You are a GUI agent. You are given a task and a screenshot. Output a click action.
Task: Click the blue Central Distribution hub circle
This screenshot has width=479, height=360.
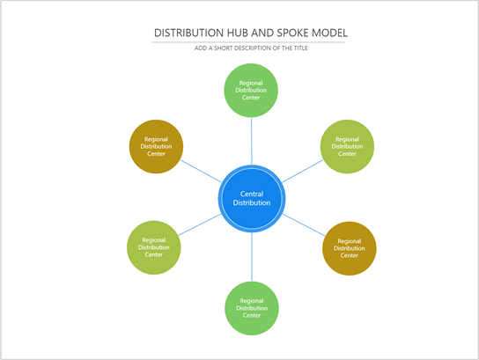click(x=252, y=199)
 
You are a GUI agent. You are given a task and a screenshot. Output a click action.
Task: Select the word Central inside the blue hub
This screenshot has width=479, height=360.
click(x=252, y=194)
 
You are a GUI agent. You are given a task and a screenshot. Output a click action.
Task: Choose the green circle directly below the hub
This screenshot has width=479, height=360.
click(x=252, y=308)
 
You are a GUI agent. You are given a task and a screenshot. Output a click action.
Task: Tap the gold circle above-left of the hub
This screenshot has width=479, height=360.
click(x=156, y=146)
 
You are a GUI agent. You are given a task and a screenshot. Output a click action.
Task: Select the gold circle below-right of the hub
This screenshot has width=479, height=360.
click(x=350, y=248)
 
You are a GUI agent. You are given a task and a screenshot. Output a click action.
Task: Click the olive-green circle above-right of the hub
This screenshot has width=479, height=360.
click(x=347, y=146)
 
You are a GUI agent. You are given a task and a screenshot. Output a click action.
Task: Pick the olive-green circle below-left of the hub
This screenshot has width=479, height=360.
click(x=154, y=246)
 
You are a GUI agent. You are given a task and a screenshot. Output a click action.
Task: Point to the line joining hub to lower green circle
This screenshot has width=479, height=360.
click(x=252, y=257)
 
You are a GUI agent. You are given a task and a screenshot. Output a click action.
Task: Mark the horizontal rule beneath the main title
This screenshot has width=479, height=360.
click(x=249, y=41)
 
